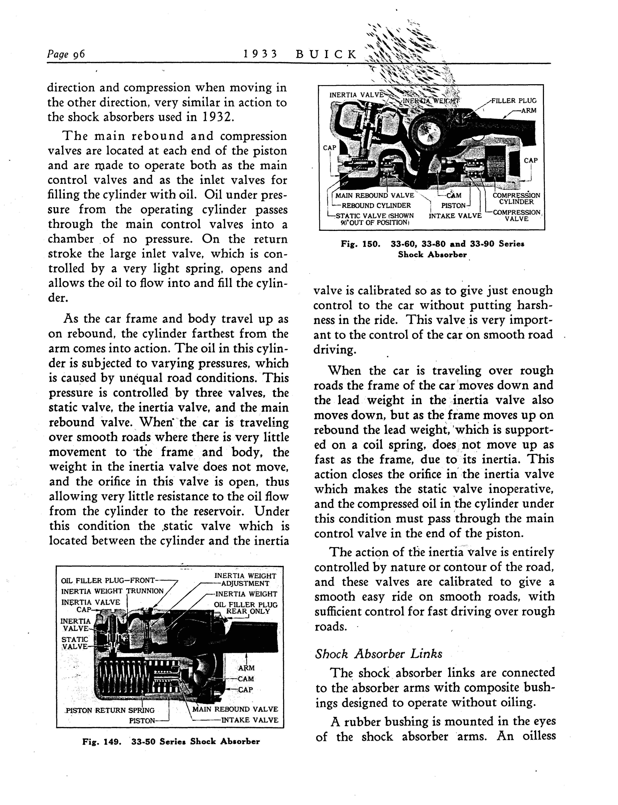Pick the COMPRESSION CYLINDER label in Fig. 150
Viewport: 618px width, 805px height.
tap(516, 199)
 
